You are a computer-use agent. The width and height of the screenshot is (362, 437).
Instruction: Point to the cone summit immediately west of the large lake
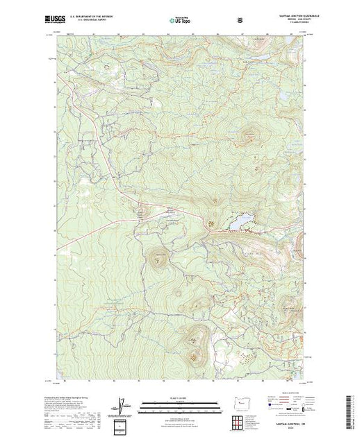coord(210,223)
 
